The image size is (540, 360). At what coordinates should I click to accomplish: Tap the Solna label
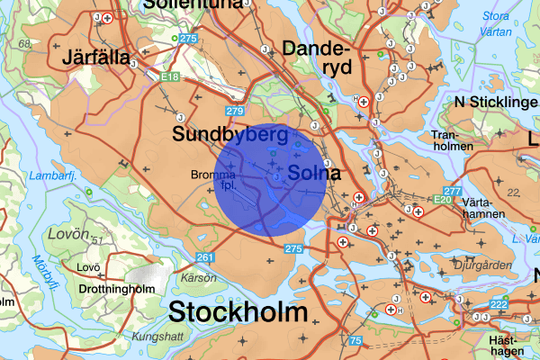coord(314,172)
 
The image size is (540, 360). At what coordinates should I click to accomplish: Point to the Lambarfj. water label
coord(48,175)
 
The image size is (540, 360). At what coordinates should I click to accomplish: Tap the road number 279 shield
coord(236,111)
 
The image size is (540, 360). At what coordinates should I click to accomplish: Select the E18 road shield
coord(170,78)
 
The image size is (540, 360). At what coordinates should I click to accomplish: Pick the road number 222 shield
coord(499,306)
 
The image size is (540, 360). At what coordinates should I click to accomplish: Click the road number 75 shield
coord(356,340)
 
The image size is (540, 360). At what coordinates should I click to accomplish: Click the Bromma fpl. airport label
coord(214,180)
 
